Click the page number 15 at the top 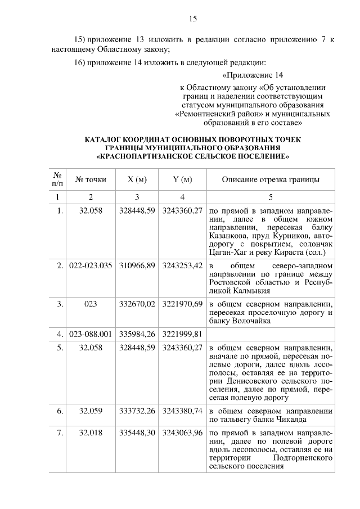192,19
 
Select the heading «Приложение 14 254,75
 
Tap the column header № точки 91,179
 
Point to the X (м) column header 137,179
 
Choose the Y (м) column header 182,179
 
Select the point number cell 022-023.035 91,265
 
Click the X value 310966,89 137,265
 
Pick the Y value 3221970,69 182,304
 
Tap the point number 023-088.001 91,335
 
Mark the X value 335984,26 137,335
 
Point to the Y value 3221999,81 182,335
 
